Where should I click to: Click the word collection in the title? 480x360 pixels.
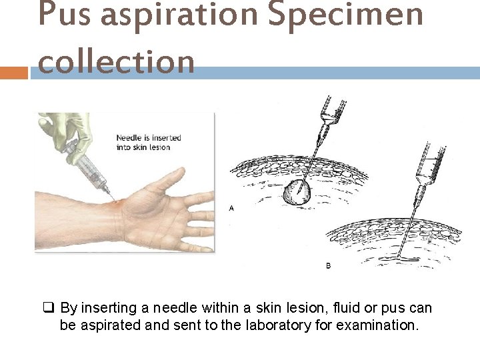pos(117,61)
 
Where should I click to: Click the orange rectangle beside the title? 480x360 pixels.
pos(13,72)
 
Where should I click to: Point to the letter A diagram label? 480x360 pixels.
pos(231,208)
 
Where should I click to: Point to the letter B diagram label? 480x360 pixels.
pos(328,265)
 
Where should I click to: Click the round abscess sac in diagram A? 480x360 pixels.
pos(296,193)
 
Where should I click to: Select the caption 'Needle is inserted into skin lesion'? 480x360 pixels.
pos(149,143)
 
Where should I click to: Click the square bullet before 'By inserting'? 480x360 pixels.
pos(49,308)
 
